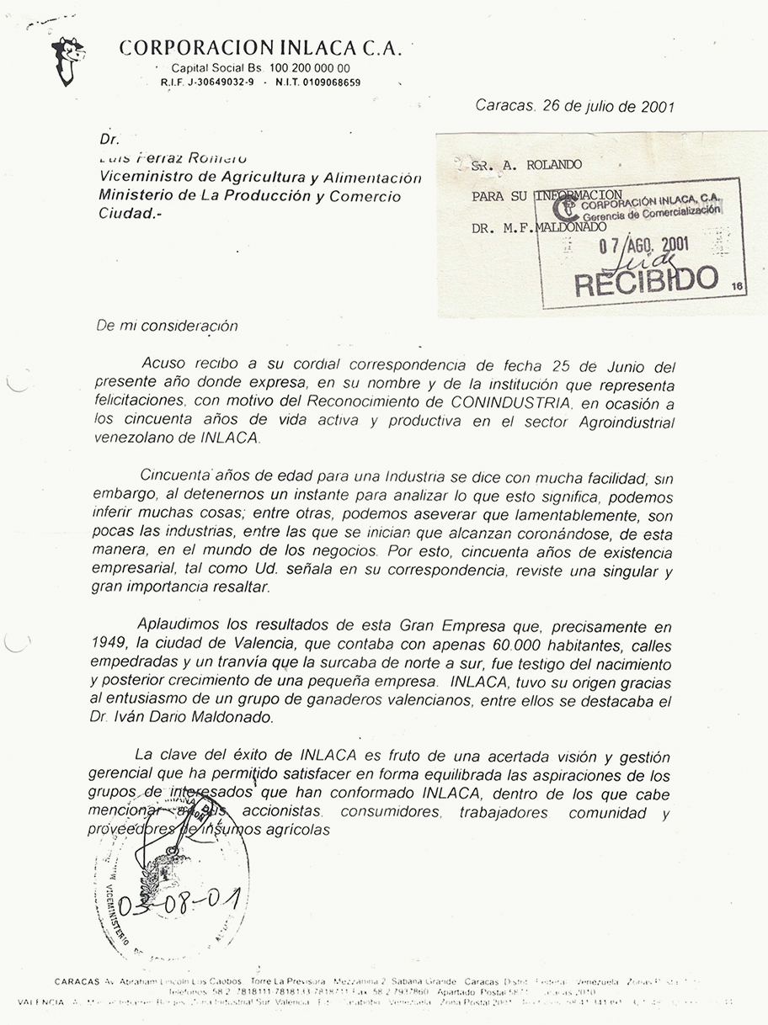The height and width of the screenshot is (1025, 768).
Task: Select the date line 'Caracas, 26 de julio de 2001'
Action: click(x=574, y=107)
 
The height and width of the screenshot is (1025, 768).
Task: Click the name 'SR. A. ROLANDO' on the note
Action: click(x=526, y=165)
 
